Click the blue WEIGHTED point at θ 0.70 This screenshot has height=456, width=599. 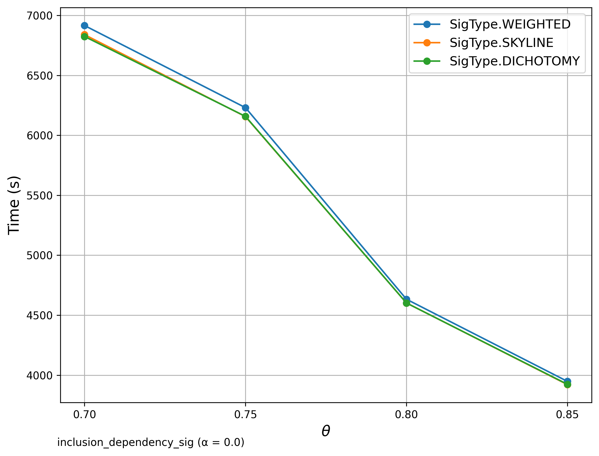point(84,26)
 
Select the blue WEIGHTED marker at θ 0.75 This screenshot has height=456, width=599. point(245,108)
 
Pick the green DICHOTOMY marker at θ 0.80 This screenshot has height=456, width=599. point(406,303)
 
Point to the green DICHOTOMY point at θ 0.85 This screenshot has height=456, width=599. point(567,385)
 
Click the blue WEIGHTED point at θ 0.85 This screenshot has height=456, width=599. point(567,381)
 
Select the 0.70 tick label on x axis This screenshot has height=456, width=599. point(84,415)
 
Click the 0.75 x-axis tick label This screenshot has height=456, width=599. point(245,415)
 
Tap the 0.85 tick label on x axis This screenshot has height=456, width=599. point(567,415)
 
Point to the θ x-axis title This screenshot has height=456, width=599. point(326,431)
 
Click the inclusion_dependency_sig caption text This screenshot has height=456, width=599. point(151,443)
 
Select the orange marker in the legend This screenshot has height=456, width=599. point(427,43)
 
